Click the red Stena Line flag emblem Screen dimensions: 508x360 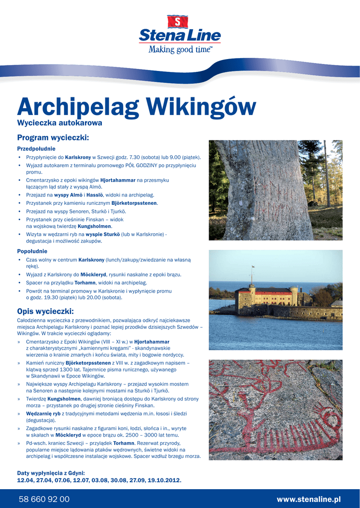click(x=179, y=21)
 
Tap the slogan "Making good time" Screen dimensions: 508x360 click(x=180, y=49)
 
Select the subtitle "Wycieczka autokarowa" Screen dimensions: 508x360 click(x=60, y=123)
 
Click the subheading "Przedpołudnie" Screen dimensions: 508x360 click(x=36, y=149)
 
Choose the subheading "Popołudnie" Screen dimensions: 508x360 click(x=32, y=252)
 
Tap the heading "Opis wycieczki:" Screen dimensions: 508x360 click(x=45, y=312)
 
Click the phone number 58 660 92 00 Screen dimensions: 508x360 click(x=44, y=499)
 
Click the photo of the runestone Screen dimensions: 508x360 click(x=276, y=190)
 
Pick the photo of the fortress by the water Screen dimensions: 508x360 click(x=276, y=300)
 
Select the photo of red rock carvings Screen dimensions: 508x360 click(x=276, y=410)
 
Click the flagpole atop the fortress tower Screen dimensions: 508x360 click(x=252, y=274)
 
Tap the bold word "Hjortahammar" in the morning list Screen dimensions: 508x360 click(x=118, y=180)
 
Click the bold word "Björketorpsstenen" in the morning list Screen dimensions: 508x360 click(x=134, y=203)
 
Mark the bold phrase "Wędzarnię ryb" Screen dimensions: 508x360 click(x=43, y=413)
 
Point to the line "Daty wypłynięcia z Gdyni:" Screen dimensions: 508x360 click(x=51, y=473)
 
